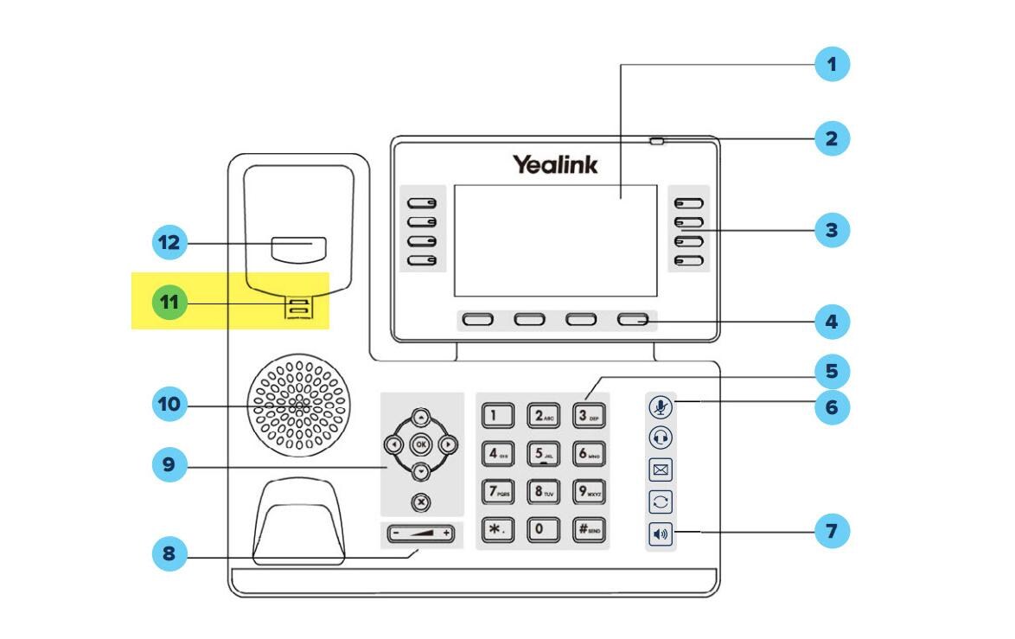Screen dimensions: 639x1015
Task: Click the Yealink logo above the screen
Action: [x=554, y=164]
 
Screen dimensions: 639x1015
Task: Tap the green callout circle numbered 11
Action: [x=170, y=303]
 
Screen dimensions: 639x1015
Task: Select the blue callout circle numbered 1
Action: [x=832, y=64]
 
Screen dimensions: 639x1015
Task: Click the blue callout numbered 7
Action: [x=832, y=530]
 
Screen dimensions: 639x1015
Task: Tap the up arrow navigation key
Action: [x=420, y=417]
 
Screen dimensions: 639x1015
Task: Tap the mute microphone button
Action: [x=661, y=406]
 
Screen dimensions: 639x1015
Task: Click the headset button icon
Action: [x=661, y=438]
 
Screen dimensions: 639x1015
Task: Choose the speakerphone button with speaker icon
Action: [x=661, y=534]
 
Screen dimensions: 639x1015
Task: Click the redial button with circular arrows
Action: [x=661, y=502]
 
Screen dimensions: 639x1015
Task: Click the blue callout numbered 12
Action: [x=170, y=243]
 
